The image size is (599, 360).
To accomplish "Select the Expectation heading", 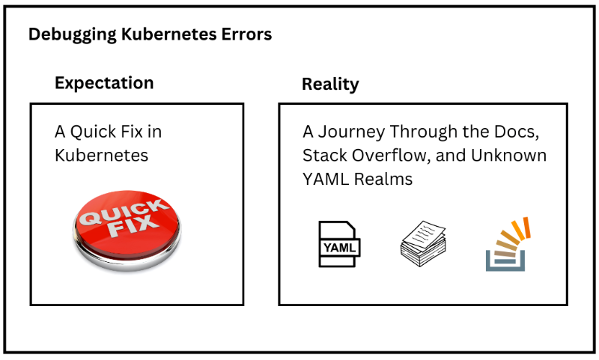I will [104, 83].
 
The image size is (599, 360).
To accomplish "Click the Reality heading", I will [330, 84].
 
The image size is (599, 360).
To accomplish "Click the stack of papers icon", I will [423, 243].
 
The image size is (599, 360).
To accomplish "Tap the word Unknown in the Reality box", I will [512, 156].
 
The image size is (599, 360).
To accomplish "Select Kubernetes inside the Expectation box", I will [101, 156].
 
